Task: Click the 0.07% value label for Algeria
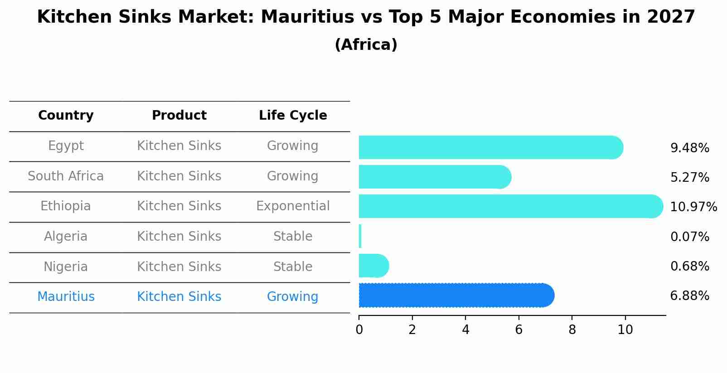tap(689, 237)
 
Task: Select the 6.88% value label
tap(689, 296)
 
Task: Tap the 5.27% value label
tap(689, 177)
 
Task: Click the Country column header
tap(66, 116)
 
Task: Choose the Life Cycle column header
tap(293, 116)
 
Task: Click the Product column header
tap(179, 116)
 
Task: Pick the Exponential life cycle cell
tap(293, 206)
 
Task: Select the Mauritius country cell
tap(66, 297)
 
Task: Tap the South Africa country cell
tap(66, 176)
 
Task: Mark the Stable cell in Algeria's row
tap(293, 237)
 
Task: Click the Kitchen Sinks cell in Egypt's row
tap(179, 146)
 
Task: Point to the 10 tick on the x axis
tap(625, 329)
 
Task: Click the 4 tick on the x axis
tap(465, 329)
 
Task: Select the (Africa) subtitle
tap(366, 44)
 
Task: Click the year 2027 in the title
tap(671, 17)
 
